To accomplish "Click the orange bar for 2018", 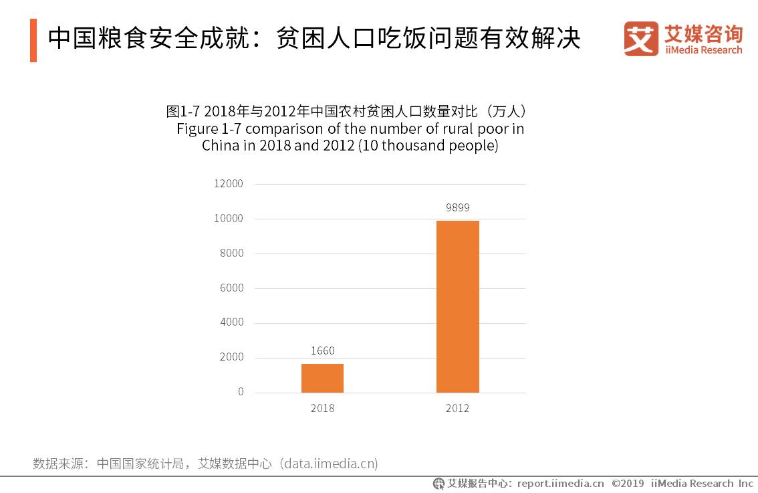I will pos(322,378).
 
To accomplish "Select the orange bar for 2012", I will pos(457,306).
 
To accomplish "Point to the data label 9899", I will pos(458,207).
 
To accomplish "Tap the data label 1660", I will pos(322,351).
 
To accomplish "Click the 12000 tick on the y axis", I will pos(229,184).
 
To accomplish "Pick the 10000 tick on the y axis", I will pos(229,219).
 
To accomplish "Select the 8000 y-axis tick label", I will pos(231,254).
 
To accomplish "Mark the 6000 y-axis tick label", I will pos(231,288).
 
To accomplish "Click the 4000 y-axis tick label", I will pos(231,322).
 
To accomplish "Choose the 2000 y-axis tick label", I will pos(231,357).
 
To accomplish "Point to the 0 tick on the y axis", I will pos(241,392).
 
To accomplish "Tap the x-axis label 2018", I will pos(322,408).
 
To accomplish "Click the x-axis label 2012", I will pos(458,408).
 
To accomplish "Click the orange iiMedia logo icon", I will pos(641,39).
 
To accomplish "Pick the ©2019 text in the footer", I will pos(628,483).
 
